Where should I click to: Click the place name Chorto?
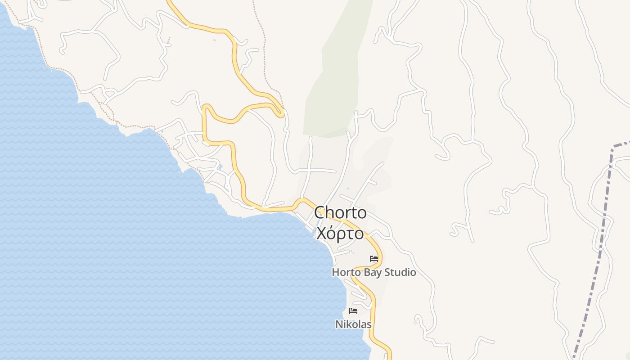(x=340, y=213)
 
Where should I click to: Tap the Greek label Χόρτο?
(x=340, y=234)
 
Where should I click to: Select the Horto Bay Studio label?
(x=373, y=273)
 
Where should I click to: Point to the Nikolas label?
(x=353, y=324)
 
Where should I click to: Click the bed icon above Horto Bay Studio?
(x=373, y=259)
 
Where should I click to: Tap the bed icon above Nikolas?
(x=353, y=311)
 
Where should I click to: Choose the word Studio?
(x=400, y=273)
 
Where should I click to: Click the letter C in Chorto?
(x=319, y=213)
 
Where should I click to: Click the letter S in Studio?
(x=388, y=273)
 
